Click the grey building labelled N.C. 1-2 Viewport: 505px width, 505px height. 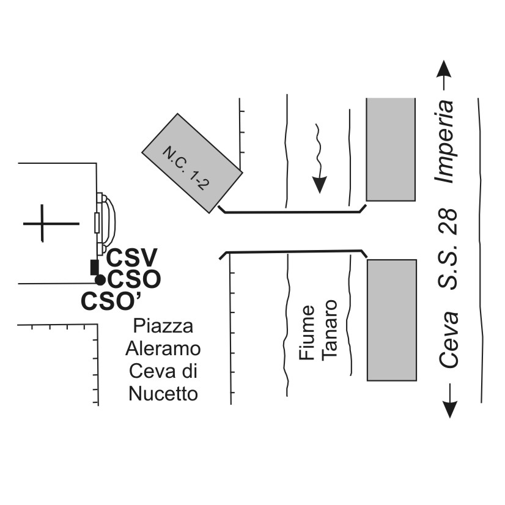click(192, 163)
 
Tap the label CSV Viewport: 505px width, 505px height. click(133, 257)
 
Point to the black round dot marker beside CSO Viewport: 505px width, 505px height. click(100, 280)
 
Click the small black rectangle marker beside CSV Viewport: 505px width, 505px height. click(94, 267)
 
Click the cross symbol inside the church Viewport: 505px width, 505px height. click(42, 223)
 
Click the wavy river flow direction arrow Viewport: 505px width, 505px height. click(318, 158)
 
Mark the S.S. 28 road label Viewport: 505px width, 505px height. click(449, 250)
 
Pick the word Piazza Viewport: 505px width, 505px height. click(163, 325)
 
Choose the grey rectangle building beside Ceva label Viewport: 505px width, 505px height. click(391, 320)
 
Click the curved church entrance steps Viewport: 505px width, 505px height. click(108, 223)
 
